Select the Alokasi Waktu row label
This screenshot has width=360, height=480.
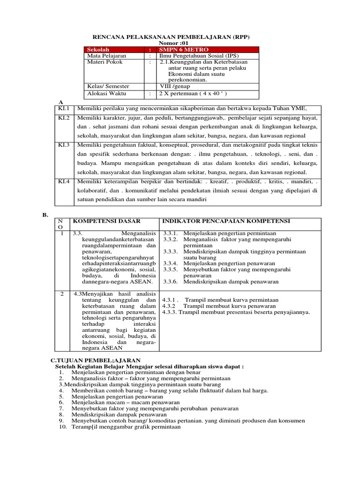[106, 93]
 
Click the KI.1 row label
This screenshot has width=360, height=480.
[64, 109]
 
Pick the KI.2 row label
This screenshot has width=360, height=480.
[64, 118]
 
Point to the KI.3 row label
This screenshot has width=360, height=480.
[64, 145]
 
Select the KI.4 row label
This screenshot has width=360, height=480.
[64, 181]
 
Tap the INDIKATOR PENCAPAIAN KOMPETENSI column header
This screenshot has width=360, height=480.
[226, 221]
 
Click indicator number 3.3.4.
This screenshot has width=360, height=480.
[170, 263]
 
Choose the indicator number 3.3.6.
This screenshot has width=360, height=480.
[170, 282]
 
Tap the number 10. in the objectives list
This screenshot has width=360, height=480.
[63, 427]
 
